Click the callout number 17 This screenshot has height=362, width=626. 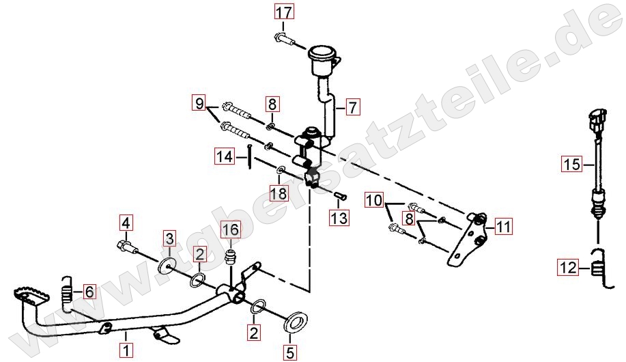pos(284,12)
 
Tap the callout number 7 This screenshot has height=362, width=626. pos(352,107)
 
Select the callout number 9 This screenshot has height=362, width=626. pos(199,104)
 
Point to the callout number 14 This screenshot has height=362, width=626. pos(225,156)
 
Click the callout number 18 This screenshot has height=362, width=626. pos(279,193)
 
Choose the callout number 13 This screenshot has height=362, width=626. pos(339,218)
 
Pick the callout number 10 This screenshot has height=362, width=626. pos(375,199)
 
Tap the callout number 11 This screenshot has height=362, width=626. pos(503,227)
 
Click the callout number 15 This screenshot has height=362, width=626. pos(572,164)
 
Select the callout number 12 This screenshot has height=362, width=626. pos(568,267)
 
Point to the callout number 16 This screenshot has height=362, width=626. pos(231,229)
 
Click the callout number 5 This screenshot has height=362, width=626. pos(290,352)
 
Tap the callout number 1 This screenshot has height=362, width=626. pos(126,350)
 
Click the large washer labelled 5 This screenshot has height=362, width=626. pos(295,321)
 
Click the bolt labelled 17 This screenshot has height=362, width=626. pos(285,40)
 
